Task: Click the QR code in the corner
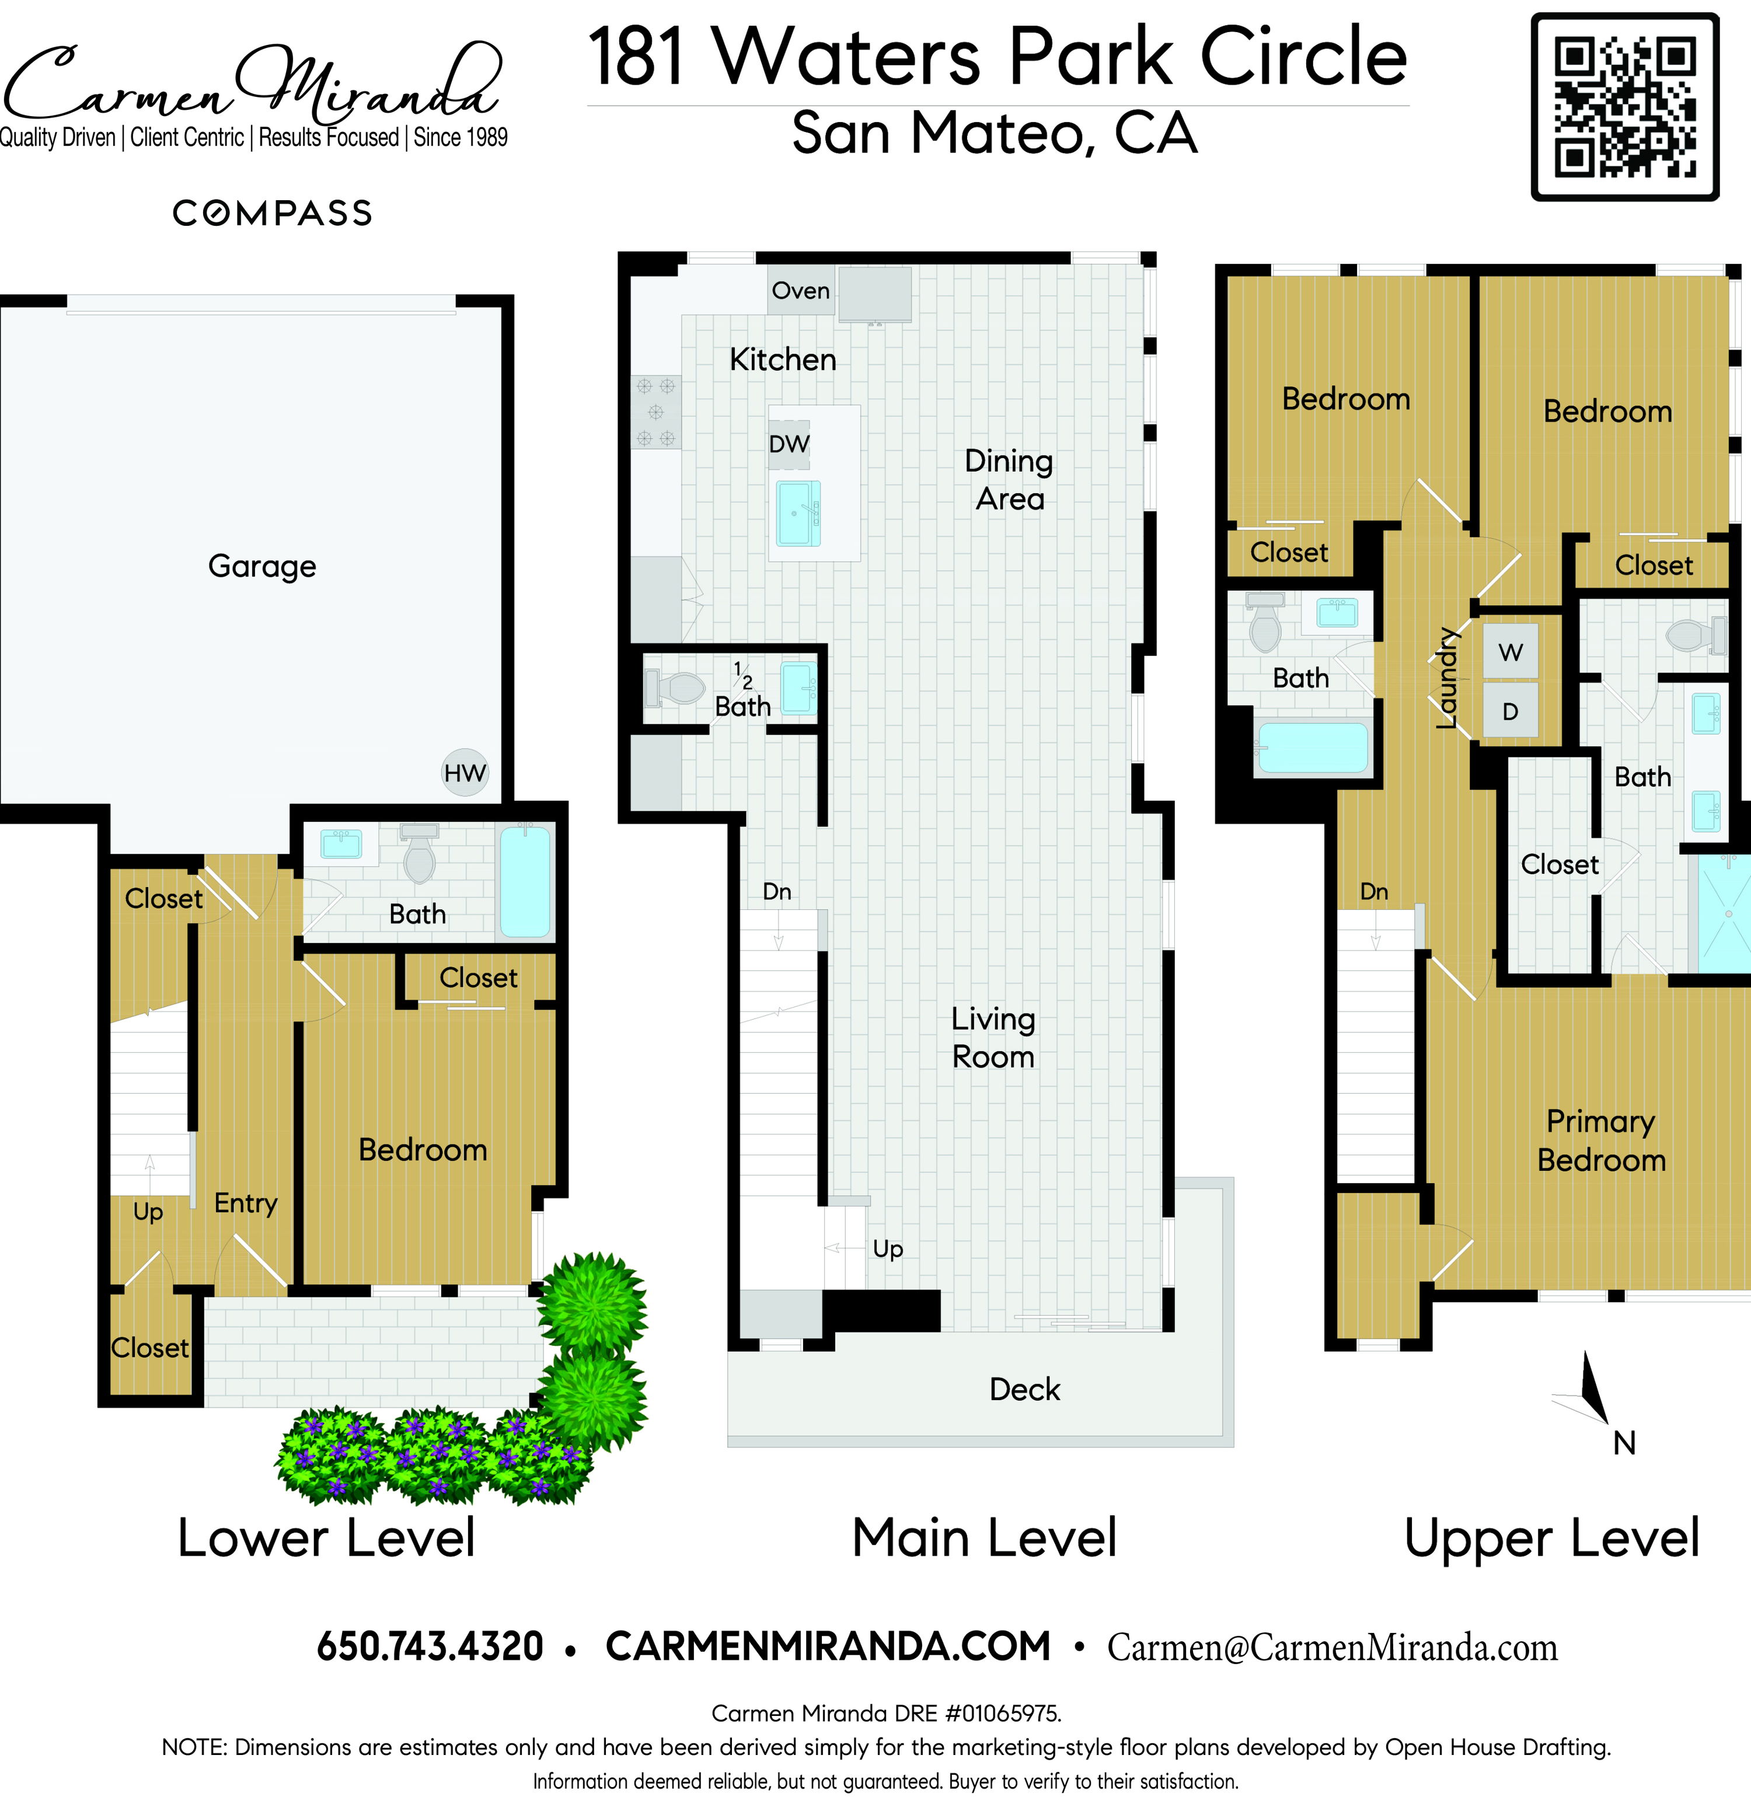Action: tap(1625, 107)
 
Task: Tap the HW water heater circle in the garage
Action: tap(465, 773)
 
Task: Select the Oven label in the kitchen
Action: tap(800, 291)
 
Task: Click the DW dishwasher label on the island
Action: tap(789, 444)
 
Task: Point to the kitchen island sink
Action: tap(798, 513)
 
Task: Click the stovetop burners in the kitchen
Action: tap(655, 412)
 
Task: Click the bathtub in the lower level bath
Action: tap(525, 882)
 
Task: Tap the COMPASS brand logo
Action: tap(272, 214)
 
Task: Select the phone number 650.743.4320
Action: tap(430, 1646)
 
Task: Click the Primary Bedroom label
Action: tap(1601, 1140)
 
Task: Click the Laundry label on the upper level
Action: tap(1447, 678)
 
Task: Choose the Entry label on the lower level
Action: tap(246, 1203)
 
